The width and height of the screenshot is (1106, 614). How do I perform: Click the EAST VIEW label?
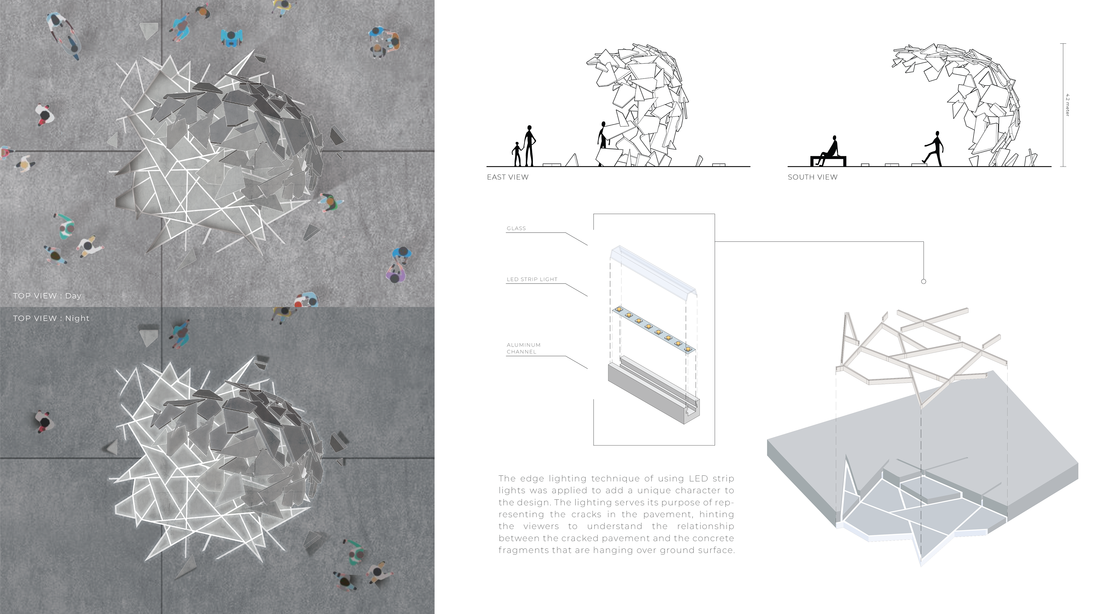coord(507,177)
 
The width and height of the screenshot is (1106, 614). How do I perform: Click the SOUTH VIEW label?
coord(812,177)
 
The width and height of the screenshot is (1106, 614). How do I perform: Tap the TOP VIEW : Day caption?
coord(47,296)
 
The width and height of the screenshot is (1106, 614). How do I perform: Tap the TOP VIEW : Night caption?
coord(51,318)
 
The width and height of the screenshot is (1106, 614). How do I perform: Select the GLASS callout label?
coord(516,228)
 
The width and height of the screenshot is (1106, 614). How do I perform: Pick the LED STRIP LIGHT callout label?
coord(532,279)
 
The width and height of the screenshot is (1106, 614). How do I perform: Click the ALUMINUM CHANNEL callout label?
coord(523,348)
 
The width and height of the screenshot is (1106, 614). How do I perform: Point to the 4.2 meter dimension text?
coord(1067,105)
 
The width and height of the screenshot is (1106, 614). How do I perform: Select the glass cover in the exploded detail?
coord(654,272)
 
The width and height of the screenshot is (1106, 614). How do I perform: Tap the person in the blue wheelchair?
coord(232,37)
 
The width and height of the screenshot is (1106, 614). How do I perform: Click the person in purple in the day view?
coord(396,273)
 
